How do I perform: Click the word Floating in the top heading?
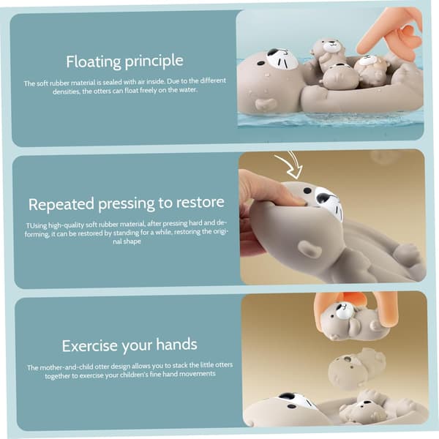point(94,61)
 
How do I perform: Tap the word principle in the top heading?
point(154,61)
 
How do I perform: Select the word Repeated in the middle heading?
point(61,204)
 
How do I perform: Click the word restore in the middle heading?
point(200,202)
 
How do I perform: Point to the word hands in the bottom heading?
point(176,345)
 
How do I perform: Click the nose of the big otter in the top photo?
point(273,53)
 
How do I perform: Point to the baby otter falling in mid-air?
point(356,368)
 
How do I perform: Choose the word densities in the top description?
point(66,91)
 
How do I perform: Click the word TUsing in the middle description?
point(37,225)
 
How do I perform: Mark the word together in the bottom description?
point(58,376)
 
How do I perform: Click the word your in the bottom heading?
point(137,346)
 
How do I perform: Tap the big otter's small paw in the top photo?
point(266,104)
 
